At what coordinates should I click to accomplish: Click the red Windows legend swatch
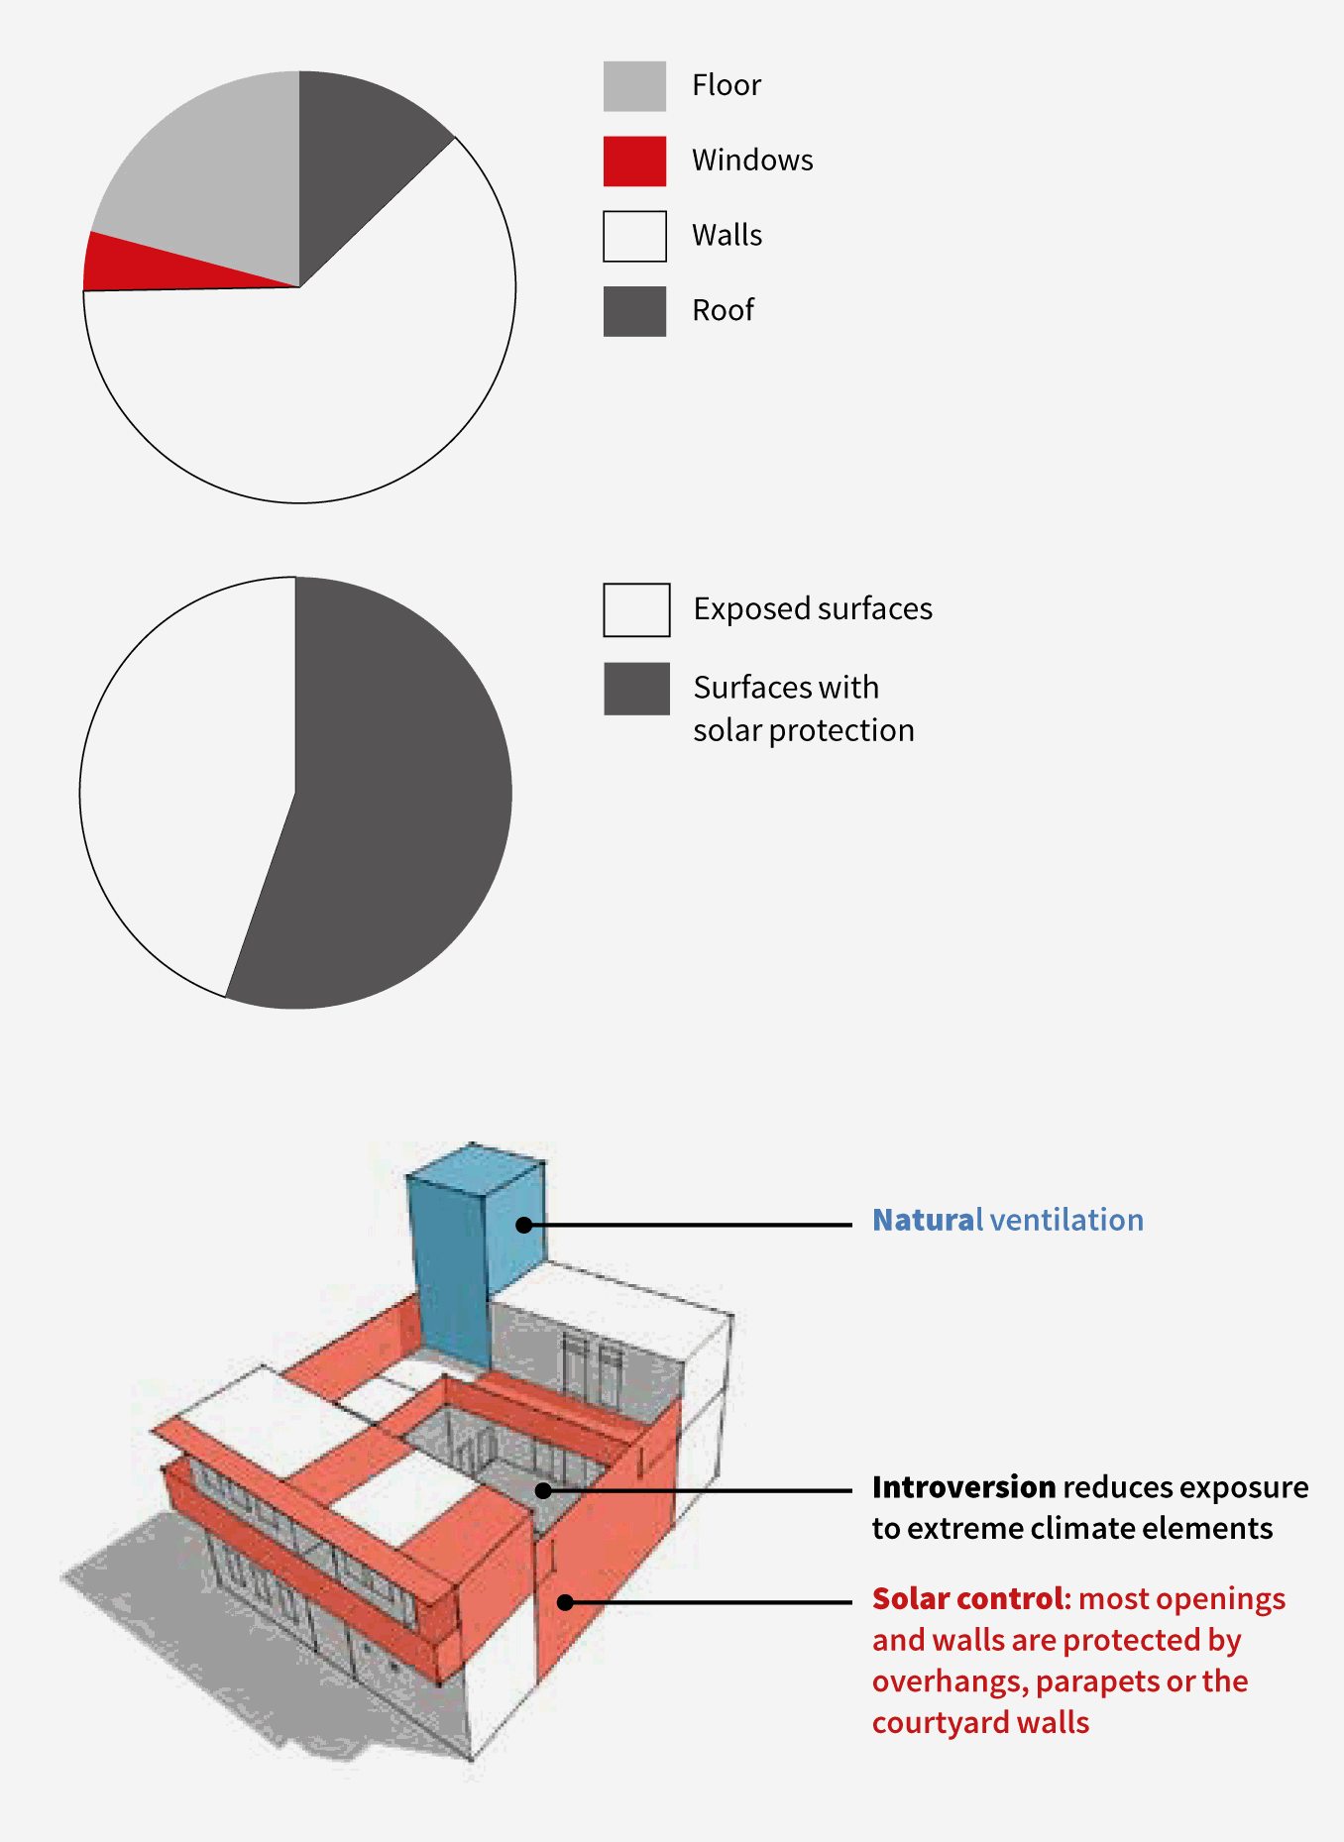(x=634, y=161)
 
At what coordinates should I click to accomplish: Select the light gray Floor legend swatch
(x=634, y=86)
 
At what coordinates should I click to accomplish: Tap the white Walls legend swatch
(x=634, y=236)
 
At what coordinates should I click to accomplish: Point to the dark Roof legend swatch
(x=634, y=311)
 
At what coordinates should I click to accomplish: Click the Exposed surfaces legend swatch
(x=636, y=609)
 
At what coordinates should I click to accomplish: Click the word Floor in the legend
(x=727, y=85)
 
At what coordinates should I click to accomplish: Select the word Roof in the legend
(x=723, y=310)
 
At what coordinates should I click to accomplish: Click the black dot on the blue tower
(x=523, y=1226)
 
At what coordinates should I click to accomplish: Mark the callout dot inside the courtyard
(x=543, y=1490)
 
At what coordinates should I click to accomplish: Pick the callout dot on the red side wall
(x=565, y=1602)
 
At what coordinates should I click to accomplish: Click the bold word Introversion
(x=963, y=1487)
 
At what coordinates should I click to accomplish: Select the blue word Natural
(x=928, y=1220)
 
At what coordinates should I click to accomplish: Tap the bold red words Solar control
(x=970, y=1598)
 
